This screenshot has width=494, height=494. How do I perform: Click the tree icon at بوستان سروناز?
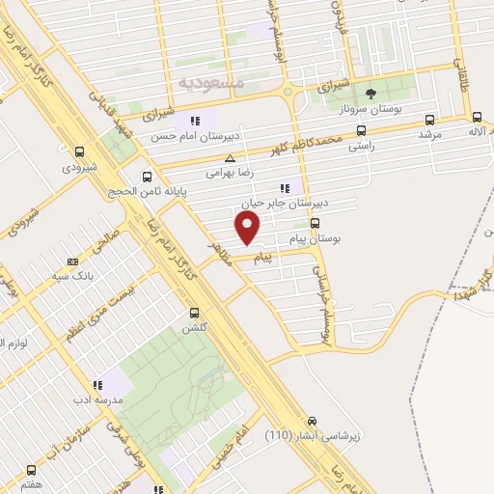tap(370, 94)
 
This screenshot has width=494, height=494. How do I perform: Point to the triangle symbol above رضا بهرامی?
tap(230, 158)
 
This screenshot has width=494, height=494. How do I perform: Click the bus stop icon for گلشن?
tap(195, 313)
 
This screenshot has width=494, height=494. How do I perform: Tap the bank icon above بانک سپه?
tap(73, 261)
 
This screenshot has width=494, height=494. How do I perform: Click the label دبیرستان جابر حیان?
tap(284, 204)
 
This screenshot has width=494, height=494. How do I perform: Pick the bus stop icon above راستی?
tap(361, 129)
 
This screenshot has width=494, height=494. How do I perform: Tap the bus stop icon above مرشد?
tap(429, 121)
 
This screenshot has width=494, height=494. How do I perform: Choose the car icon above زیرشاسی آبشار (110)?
tap(312, 421)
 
